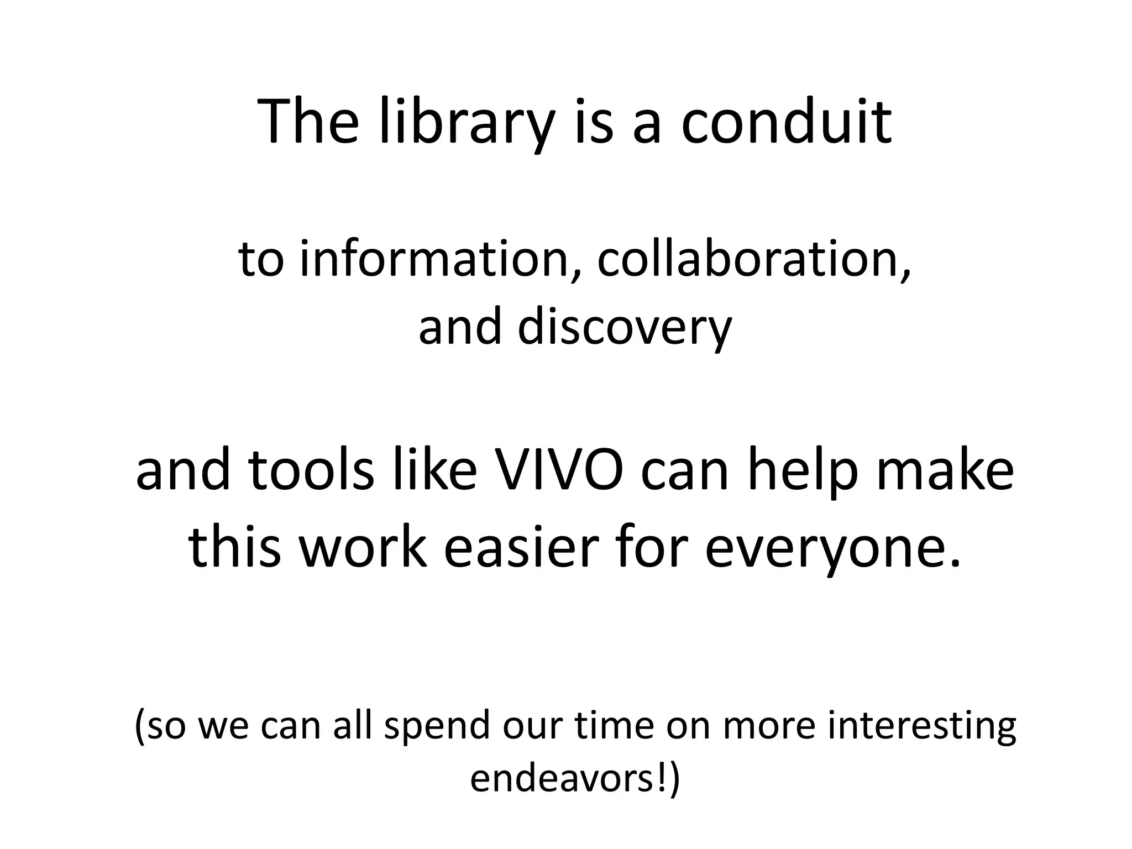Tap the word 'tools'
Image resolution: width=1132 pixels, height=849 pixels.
pos(312,470)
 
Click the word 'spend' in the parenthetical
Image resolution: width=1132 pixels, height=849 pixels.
pos(437,727)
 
